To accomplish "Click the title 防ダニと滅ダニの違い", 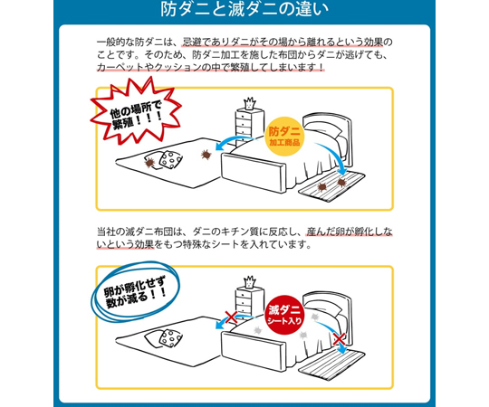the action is point(244,9).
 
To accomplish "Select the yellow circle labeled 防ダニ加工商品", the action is point(284,136).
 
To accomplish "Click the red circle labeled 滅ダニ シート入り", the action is point(284,315).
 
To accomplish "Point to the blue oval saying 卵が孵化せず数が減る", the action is point(135,293).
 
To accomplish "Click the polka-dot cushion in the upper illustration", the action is point(170,159).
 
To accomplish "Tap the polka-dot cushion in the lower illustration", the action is point(170,337).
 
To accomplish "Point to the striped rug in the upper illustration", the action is point(332,185).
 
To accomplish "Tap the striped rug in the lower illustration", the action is point(332,365).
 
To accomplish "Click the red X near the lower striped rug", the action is point(340,338).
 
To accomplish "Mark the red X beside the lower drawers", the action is point(231,317).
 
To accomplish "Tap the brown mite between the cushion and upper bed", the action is point(206,154).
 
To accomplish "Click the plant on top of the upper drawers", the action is point(249,103).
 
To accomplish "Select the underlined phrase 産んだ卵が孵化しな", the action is point(349,232).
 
